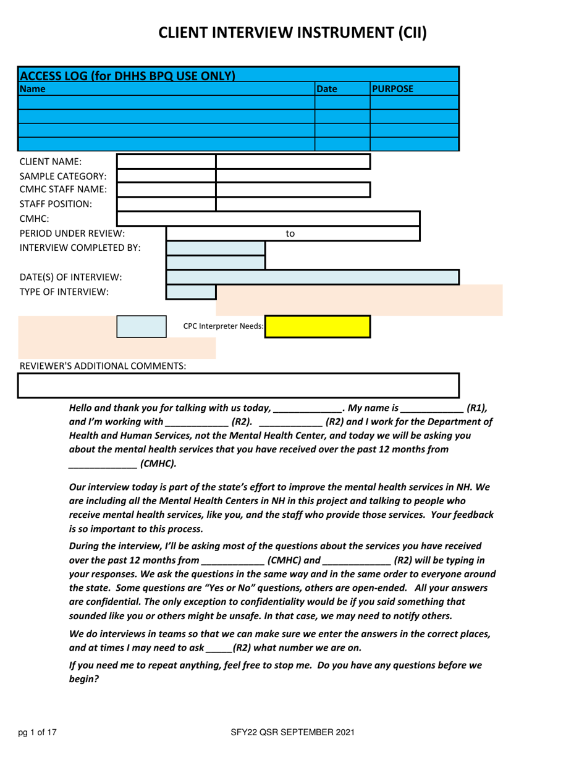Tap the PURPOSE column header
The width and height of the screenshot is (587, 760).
click(393, 89)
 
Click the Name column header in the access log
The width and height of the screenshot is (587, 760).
click(32, 89)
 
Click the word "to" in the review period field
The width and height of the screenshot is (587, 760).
click(290, 234)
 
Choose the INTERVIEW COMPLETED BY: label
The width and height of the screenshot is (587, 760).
click(80, 248)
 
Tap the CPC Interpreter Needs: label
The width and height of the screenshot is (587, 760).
click(223, 326)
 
